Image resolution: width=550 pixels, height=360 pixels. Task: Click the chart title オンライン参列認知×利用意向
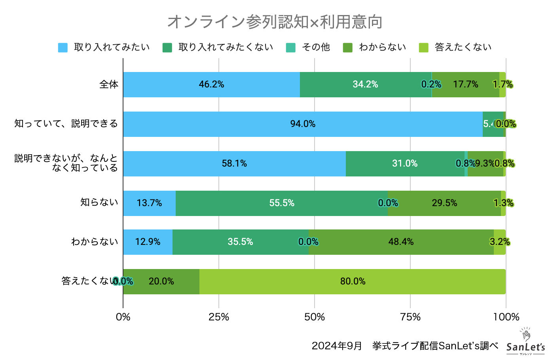click(x=275, y=22)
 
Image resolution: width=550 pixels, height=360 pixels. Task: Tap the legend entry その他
click(x=308, y=47)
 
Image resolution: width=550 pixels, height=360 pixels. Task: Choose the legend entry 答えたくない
click(x=455, y=47)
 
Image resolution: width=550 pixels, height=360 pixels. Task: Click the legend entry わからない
click(x=375, y=47)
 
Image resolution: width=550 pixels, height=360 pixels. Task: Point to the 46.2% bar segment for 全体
click(x=211, y=85)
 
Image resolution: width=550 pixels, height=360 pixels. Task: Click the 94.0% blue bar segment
click(x=303, y=124)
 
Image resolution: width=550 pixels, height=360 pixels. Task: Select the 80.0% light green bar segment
click(x=353, y=282)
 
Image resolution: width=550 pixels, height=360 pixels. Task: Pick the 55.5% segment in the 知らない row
click(x=281, y=203)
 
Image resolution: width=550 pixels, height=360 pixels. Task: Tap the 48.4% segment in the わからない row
click(x=401, y=242)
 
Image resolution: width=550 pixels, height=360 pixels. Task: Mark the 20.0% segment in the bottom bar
click(x=161, y=282)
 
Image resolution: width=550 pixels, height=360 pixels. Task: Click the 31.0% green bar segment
click(x=405, y=164)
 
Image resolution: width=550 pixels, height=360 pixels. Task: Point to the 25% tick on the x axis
click(x=219, y=317)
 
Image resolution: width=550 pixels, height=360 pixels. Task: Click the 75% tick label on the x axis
click(x=410, y=317)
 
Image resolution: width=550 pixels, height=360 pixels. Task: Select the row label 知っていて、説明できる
click(x=66, y=124)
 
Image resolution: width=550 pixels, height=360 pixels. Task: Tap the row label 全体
click(x=109, y=85)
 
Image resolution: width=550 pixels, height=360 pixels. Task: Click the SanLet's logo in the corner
click(x=525, y=342)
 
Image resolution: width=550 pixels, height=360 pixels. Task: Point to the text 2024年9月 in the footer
click(x=337, y=346)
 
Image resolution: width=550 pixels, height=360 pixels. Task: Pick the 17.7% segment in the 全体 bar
click(x=465, y=85)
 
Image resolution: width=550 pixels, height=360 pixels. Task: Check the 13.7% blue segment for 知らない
click(x=149, y=203)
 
